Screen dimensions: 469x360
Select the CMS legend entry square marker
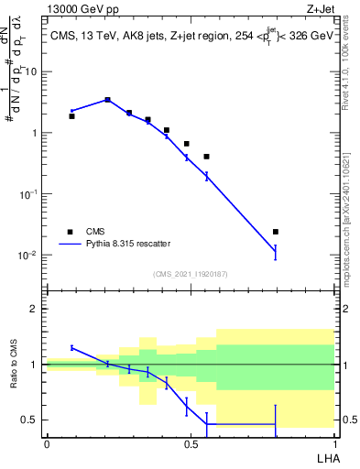(70, 232)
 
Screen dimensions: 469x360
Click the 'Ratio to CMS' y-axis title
(14, 365)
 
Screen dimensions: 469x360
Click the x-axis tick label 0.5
(190, 443)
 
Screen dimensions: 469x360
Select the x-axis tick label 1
(333, 443)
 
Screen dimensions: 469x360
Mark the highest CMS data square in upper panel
(108, 100)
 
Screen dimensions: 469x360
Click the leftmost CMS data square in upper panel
(72, 116)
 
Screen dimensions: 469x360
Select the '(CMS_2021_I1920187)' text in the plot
(190, 274)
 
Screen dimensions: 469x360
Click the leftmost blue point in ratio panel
(72, 347)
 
